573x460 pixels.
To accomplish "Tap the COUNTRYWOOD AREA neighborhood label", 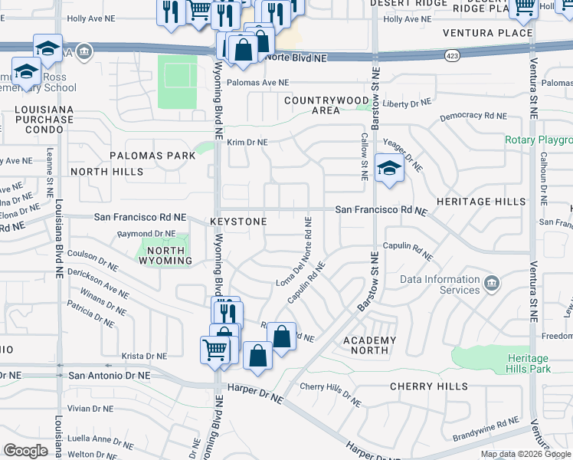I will [x=326, y=105].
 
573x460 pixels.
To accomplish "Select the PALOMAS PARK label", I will [x=152, y=156].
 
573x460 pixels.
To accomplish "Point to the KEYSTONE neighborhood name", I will [x=238, y=222].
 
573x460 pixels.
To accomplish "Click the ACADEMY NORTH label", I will [x=369, y=346].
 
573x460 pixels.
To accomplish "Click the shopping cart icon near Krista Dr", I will [x=215, y=350].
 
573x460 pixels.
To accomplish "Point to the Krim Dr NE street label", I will [x=246, y=143].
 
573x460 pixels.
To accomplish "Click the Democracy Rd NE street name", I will [x=473, y=116].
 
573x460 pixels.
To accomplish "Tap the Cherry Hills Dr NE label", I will [x=330, y=393].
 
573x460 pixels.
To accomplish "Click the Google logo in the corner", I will [x=26, y=451].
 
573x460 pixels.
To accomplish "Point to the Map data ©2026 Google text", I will [x=525, y=454].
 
